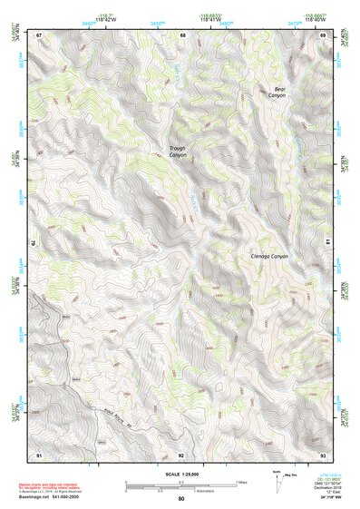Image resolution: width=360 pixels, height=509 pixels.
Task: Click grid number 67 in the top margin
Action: [x=39, y=34]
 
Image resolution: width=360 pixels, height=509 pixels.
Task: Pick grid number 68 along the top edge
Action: [x=182, y=34]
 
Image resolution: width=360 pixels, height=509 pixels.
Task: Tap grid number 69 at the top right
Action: [x=323, y=34]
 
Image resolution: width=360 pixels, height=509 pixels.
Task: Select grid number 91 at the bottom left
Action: [x=39, y=454]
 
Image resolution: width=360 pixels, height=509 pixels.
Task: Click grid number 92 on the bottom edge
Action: [x=181, y=454]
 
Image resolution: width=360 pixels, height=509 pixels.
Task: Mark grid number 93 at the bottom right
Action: [x=323, y=454]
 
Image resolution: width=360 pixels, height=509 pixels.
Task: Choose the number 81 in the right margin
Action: [x=327, y=240]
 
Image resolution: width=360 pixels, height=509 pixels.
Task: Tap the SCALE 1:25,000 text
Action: [x=180, y=474]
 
